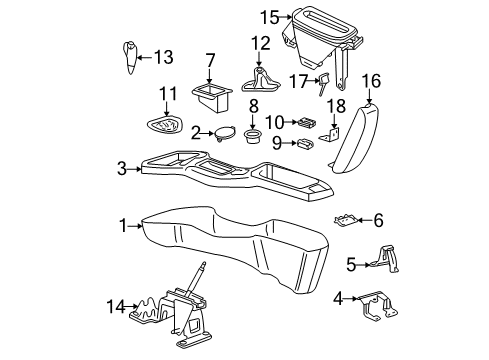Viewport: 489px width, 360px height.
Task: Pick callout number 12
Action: [x=261, y=43]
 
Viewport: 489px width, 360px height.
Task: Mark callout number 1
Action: [x=123, y=227]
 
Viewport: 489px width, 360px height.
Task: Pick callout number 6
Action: [x=378, y=219]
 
